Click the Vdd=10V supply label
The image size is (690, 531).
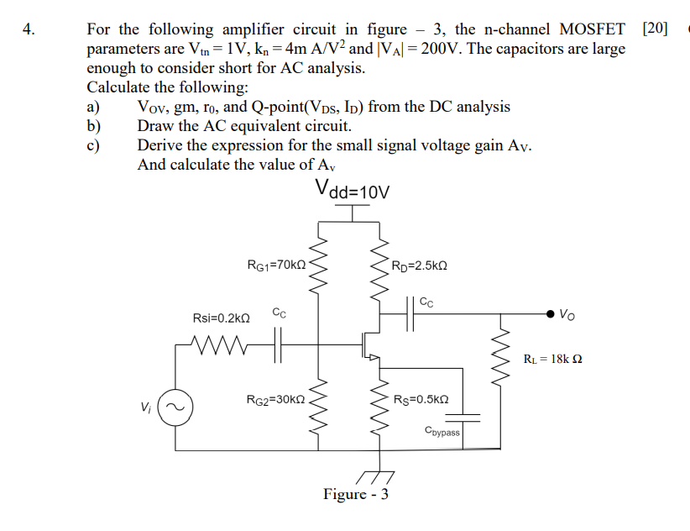tap(353, 190)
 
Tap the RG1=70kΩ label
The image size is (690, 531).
tap(276, 265)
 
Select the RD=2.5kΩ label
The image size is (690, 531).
tap(419, 265)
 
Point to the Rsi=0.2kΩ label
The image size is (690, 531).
tap(222, 318)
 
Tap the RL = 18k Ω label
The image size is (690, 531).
tap(552, 359)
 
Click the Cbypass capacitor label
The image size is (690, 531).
tap(442, 432)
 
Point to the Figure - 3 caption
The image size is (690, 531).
tap(355, 494)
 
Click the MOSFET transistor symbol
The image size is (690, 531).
tap(369, 344)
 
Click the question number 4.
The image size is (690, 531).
tap(29, 30)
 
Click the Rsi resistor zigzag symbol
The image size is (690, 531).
tap(218, 343)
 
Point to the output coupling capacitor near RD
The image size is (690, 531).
tap(411, 314)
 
